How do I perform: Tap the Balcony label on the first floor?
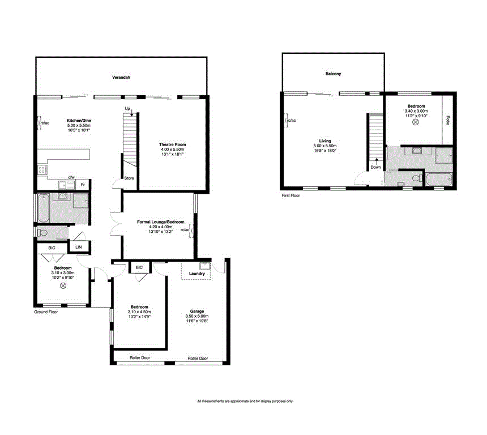click(333, 74)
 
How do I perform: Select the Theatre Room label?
click(172, 145)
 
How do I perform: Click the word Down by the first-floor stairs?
click(375, 167)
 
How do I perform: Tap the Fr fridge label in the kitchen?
click(83, 185)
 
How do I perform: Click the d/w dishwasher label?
click(71, 177)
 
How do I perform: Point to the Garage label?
click(196, 311)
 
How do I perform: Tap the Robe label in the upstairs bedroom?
click(447, 120)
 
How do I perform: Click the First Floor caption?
click(291, 195)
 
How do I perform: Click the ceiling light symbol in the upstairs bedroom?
click(416, 122)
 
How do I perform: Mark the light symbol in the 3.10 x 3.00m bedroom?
click(63, 285)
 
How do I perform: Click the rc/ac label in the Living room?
click(291, 121)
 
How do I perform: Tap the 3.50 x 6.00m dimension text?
click(196, 316)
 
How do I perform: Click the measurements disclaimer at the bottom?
click(245, 402)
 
